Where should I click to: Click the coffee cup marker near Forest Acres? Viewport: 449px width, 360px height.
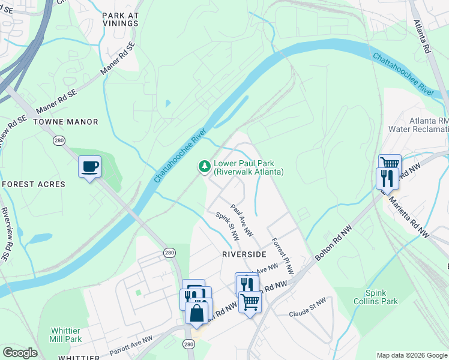[90, 167]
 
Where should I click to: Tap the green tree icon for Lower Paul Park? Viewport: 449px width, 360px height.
[205, 166]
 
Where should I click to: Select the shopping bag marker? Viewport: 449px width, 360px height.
[197, 313]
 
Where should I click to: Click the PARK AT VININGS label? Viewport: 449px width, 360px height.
[120, 19]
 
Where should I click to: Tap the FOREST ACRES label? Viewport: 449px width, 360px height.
[33, 184]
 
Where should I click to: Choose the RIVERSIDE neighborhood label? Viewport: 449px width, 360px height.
[244, 254]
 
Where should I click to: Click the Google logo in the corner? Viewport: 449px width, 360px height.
[20, 353]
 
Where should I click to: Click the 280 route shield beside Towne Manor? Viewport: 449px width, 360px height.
[58, 140]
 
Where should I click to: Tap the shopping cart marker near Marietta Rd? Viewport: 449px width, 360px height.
[390, 163]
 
